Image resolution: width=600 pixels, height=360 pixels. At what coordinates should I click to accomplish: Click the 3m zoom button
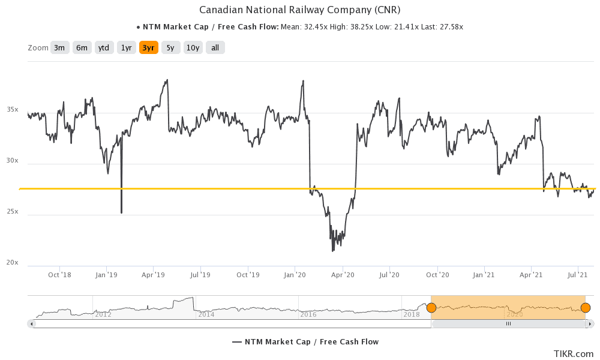point(59,48)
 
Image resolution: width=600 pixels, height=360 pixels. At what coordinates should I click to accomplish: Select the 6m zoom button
point(82,48)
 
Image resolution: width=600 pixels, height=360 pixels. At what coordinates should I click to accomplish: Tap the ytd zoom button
point(104,48)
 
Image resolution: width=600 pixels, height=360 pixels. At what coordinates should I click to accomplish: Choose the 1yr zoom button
point(126,48)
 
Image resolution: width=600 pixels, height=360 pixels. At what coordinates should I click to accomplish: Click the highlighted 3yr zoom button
point(148,48)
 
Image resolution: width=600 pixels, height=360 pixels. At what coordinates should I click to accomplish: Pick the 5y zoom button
point(170,48)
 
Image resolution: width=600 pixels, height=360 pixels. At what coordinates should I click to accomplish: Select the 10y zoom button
point(193,48)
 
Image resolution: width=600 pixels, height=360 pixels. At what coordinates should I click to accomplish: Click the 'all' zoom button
point(215,48)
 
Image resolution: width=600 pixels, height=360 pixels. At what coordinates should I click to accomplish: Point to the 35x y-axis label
point(13,110)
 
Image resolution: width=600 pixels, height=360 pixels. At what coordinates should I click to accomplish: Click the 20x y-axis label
point(13,263)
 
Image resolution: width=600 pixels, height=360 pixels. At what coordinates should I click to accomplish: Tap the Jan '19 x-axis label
point(106,275)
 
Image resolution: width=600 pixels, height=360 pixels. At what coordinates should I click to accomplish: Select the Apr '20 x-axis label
point(342,275)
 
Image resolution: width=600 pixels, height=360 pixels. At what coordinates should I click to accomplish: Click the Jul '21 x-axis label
point(577,275)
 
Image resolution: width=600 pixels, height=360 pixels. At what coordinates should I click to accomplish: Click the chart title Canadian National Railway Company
point(299,10)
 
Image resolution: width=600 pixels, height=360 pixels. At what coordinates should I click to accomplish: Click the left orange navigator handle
point(431,308)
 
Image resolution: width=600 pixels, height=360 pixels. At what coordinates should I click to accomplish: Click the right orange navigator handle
point(586,308)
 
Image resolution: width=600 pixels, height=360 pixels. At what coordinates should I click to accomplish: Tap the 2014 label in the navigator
point(206,314)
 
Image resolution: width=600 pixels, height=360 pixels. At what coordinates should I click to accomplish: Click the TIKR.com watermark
point(574,354)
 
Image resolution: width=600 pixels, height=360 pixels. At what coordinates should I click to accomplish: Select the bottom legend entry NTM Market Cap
point(305,342)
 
